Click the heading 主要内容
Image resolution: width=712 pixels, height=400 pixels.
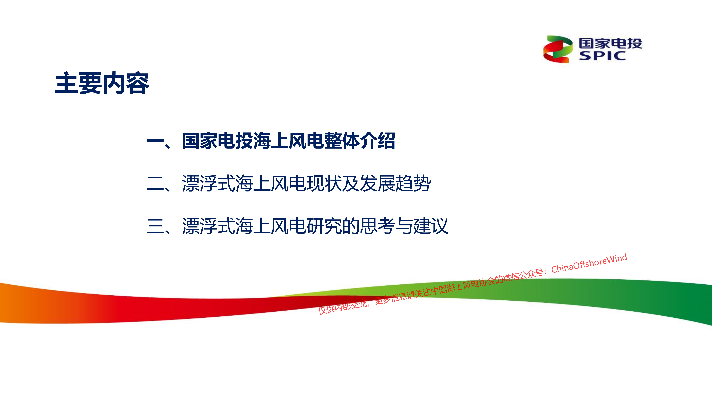click(102, 83)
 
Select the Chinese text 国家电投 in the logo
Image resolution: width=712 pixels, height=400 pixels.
click(610, 43)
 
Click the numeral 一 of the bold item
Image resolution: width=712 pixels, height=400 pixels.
click(155, 141)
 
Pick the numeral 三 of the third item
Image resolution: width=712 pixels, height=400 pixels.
click(155, 226)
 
